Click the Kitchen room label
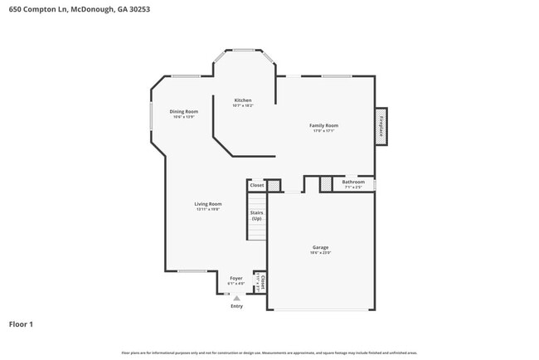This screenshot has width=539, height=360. coord(242,100)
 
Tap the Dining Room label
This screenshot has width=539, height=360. coord(184,111)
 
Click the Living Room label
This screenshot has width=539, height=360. coord(208,203)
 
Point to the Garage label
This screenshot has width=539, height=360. coord(320,247)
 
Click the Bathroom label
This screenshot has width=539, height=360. coord(353,182)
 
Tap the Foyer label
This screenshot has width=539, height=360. coord(236,279)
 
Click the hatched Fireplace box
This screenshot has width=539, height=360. coord(381,126)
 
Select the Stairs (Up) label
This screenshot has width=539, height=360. coord(256,215)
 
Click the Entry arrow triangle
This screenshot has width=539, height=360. coord(236,298)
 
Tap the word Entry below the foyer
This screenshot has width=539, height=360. coord(236,305)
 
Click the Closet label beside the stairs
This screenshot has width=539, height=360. coord(257,185)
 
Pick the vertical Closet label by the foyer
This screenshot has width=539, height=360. coord(263,281)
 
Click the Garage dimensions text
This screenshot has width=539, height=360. coord(320,253)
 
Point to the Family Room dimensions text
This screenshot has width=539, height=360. coord(323,131)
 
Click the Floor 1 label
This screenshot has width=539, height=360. coord(21,324)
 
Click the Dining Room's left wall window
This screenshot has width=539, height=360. coord(150,114)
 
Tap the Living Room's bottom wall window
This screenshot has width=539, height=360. coord(192,271)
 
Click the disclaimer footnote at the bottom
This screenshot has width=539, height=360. coord(269,353)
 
